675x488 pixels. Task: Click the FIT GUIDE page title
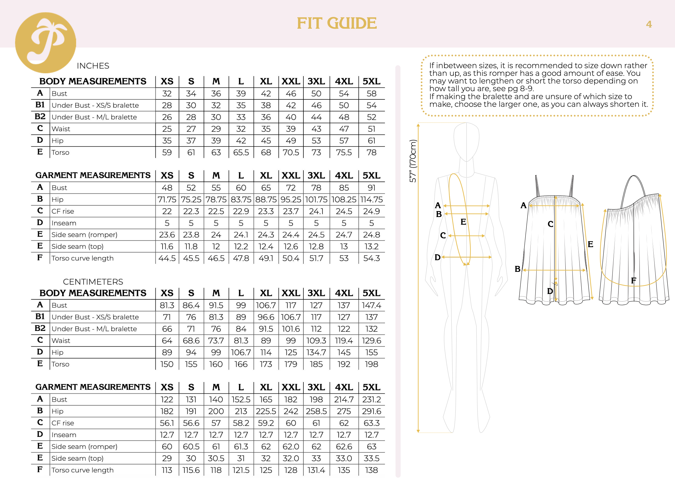point(337,23)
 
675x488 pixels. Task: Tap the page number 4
point(649,24)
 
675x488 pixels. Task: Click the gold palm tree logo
point(45,43)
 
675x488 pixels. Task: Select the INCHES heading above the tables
point(93,66)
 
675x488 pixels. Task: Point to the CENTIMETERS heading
point(93,282)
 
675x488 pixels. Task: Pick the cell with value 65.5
point(241,153)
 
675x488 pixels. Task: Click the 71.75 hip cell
point(167,200)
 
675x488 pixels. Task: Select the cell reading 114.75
point(371,200)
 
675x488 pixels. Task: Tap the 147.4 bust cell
point(371,306)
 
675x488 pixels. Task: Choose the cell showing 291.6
point(371,412)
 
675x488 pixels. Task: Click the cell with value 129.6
point(371,341)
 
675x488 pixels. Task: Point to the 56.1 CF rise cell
point(167,423)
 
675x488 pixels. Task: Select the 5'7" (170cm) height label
point(413,161)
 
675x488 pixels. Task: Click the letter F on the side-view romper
point(634,280)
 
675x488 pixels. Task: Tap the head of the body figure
point(466,141)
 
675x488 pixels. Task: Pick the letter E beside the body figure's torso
point(463,222)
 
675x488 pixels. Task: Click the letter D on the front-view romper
point(550,291)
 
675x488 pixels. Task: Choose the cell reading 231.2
point(371,400)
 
